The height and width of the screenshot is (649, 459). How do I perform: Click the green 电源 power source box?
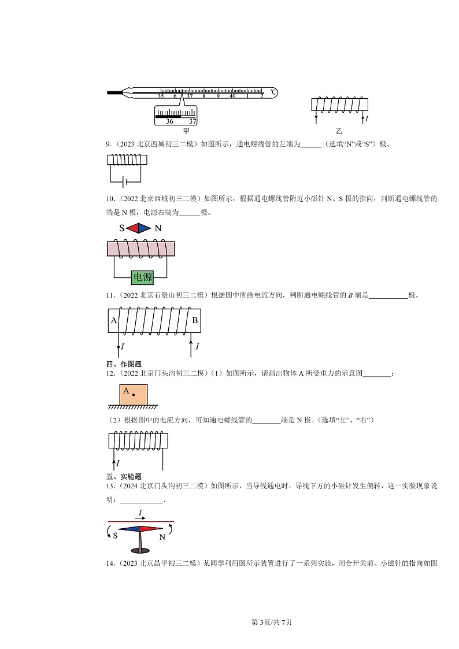(x=142, y=278)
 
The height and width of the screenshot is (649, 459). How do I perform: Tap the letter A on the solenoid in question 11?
(x=114, y=320)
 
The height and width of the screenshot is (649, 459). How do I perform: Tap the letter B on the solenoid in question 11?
(x=195, y=320)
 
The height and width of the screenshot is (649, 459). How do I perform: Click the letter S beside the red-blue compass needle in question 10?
(x=122, y=228)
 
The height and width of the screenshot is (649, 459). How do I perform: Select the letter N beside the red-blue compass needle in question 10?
(x=158, y=228)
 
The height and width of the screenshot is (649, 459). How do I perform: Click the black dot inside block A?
(x=134, y=395)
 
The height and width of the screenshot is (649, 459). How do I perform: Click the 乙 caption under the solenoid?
(x=339, y=131)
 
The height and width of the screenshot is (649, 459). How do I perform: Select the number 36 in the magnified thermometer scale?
(x=169, y=121)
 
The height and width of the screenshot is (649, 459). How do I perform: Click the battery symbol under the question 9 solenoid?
(x=124, y=183)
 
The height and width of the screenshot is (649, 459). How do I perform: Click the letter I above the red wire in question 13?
(x=140, y=513)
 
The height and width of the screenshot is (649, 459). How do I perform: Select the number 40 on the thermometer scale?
(x=232, y=97)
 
